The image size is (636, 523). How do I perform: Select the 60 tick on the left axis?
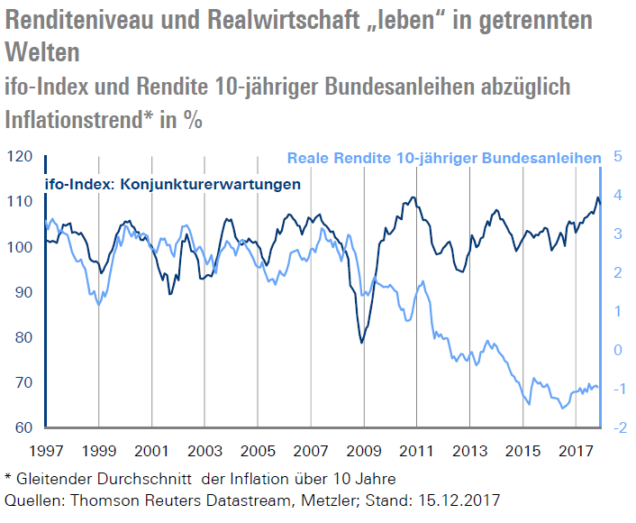point(20,427)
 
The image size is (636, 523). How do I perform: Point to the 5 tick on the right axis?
point(619,157)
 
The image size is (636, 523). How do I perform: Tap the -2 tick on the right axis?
point(618,427)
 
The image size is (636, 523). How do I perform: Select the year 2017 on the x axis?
point(577,449)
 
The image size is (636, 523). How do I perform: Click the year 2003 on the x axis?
point(205,449)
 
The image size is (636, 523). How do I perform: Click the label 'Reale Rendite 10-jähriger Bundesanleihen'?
point(443,158)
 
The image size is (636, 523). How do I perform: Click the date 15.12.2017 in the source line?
point(452,499)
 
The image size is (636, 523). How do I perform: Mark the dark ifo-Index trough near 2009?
point(361,342)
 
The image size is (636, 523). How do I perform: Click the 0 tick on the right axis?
point(618,350)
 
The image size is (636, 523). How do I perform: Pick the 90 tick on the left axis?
point(20,292)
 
